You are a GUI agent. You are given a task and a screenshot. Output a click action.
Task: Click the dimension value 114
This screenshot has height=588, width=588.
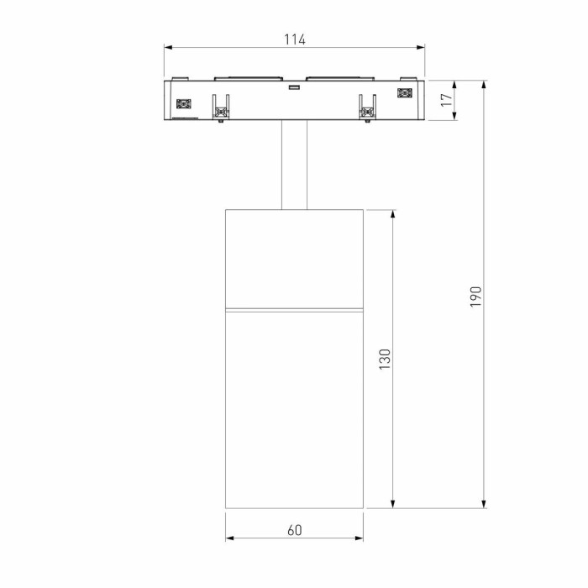(294, 39)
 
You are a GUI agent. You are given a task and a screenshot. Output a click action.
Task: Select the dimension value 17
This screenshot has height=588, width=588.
(447, 100)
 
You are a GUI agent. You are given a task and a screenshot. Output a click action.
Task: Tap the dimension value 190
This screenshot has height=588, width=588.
(475, 295)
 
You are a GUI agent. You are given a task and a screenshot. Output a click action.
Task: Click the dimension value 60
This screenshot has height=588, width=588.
(294, 530)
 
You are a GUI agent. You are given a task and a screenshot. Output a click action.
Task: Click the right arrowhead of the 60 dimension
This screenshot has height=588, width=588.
(359, 538)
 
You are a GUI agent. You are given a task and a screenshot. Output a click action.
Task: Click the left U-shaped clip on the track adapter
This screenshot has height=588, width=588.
(222, 106)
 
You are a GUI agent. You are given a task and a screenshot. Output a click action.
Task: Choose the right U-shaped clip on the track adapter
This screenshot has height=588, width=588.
(367, 106)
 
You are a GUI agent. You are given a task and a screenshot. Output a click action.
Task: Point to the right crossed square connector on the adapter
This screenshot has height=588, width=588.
(405, 94)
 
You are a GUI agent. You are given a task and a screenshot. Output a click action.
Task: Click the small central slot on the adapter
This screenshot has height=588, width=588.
(295, 87)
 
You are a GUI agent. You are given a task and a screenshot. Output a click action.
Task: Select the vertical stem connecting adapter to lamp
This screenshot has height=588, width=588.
(295, 164)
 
